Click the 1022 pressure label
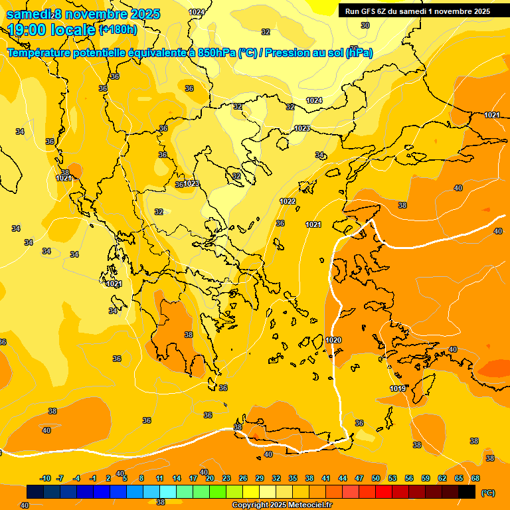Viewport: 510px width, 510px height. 288,201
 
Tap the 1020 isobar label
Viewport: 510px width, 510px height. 333,340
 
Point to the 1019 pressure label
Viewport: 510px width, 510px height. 397,388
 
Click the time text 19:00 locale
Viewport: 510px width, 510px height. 52,29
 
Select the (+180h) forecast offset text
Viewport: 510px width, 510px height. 118,29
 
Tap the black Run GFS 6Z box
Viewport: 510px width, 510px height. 416,11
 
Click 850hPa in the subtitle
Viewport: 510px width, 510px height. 216,53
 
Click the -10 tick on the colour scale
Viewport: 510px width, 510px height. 46,478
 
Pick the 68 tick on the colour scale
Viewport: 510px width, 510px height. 475,478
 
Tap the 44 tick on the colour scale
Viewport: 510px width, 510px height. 343,478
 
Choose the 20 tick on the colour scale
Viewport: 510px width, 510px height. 210,478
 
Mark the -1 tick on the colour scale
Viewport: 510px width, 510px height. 94,478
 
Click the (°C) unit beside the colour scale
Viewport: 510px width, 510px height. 488,492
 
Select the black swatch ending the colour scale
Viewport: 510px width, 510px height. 467,492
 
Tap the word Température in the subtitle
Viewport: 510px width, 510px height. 39,53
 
